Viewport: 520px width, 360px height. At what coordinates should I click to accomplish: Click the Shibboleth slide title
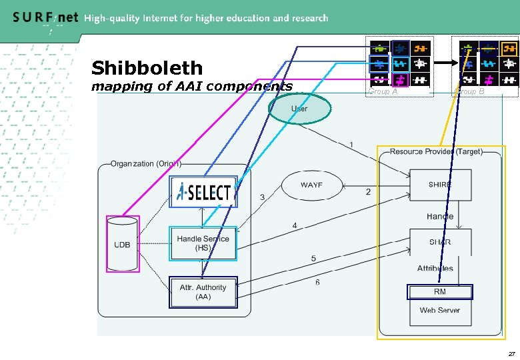tap(147, 68)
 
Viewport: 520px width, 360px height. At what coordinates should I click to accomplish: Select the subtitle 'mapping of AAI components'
tap(191, 86)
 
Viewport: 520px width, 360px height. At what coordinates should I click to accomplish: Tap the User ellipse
tap(299, 109)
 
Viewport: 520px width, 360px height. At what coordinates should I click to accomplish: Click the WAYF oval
tap(311, 185)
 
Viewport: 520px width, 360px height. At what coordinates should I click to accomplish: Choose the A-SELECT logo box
tap(203, 193)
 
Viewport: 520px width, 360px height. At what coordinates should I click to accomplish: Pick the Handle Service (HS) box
tap(203, 243)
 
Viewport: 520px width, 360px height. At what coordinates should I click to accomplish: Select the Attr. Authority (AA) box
tap(203, 293)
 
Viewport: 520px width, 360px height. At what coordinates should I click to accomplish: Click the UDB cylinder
tap(123, 244)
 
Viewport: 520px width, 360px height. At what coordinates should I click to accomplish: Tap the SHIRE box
tap(440, 185)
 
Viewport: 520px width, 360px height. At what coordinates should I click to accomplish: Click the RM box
tap(440, 292)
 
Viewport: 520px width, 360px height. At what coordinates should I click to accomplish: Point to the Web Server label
tap(440, 310)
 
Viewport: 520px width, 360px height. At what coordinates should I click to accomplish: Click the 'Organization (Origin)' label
tap(146, 163)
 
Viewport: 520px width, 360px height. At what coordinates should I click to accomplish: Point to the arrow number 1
tap(351, 145)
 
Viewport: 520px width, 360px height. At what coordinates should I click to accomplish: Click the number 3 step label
tap(262, 197)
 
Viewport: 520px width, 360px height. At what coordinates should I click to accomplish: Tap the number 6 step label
tap(317, 282)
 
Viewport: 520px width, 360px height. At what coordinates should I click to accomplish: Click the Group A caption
tap(383, 92)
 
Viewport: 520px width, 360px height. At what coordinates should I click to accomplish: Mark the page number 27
tap(511, 353)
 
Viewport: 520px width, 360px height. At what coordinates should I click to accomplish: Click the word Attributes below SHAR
tap(435, 268)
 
